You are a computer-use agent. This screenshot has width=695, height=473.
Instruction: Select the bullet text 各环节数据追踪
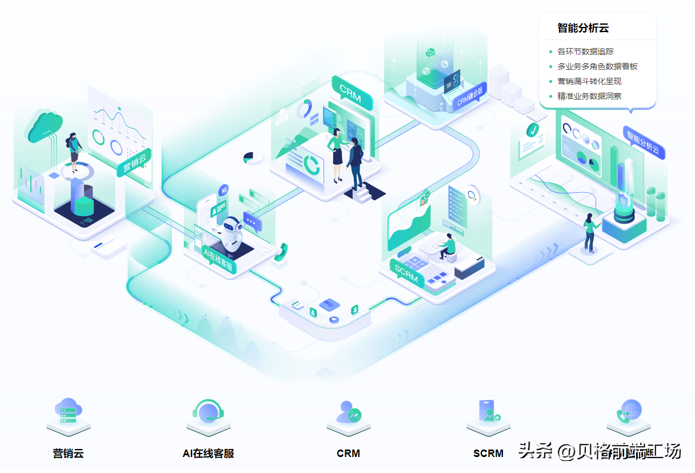[x=585, y=51]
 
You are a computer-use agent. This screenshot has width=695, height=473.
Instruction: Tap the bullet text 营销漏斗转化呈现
[x=589, y=81]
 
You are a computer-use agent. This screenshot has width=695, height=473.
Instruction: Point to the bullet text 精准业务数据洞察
[x=589, y=96]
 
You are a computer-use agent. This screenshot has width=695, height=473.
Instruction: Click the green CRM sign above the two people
[x=350, y=93]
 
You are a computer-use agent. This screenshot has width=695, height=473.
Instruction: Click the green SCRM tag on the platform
[x=407, y=273]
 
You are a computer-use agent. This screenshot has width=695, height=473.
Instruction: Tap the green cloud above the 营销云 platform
[x=45, y=127]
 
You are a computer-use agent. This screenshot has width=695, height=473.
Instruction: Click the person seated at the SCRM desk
[x=448, y=246]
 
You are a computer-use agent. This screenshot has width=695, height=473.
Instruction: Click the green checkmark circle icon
[x=533, y=130]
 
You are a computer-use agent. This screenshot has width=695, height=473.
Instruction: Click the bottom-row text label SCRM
[x=488, y=454]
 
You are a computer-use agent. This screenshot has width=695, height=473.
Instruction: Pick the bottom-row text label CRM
[x=348, y=454]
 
